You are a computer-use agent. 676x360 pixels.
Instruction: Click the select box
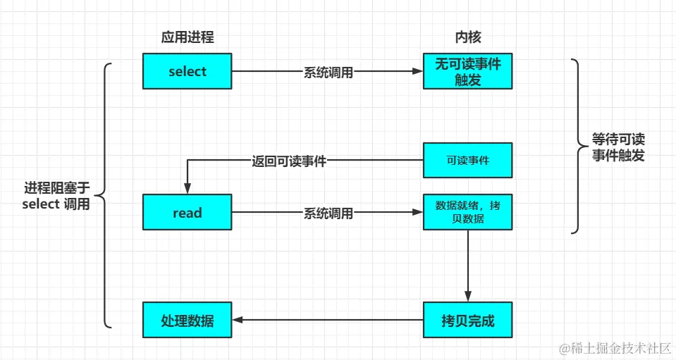pos(188,71)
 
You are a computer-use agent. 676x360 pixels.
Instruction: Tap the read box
pos(188,213)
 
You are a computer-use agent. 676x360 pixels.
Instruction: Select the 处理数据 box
pos(188,321)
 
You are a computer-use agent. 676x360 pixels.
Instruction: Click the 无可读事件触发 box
pos(467,71)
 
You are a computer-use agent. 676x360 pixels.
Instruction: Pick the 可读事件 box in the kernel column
pos(467,161)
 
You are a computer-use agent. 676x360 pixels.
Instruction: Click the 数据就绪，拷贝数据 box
pos(467,212)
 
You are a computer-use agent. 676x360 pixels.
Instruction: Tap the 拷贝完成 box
pos(467,321)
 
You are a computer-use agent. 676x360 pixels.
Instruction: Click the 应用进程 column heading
pos(188,37)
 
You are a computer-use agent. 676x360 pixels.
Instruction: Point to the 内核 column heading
pos(467,37)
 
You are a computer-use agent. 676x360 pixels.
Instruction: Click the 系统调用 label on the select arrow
pos(328,72)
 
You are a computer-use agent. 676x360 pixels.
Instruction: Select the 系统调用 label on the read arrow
pos(328,213)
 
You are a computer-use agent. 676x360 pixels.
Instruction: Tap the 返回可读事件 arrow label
pos(289,161)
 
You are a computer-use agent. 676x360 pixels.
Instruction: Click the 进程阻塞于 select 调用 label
pos(57,196)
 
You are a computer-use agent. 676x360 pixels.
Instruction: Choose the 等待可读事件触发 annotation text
pos(618,147)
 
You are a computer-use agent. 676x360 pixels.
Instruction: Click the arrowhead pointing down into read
pos(188,188)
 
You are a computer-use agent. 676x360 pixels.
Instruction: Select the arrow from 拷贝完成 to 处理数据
pos(328,321)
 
